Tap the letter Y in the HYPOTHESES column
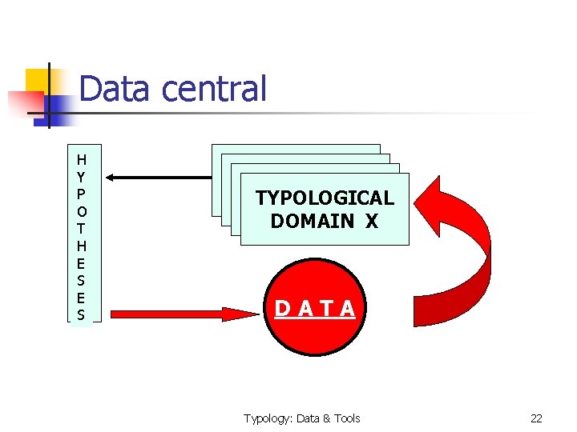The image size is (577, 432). tap(81, 176)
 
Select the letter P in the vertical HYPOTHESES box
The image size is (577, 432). tap(81, 194)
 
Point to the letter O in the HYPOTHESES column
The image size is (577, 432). tap(81, 212)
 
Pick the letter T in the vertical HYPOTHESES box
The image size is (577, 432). tap(81, 229)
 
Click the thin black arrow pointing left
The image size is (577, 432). tap(157, 177)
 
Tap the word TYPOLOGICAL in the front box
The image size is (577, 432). tap(325, 198)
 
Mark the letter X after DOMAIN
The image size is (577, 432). tap(371, 221)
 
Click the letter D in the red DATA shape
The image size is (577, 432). tap(282, 309)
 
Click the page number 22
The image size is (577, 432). tap(536, 418)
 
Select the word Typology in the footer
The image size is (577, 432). tap(267, 418)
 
